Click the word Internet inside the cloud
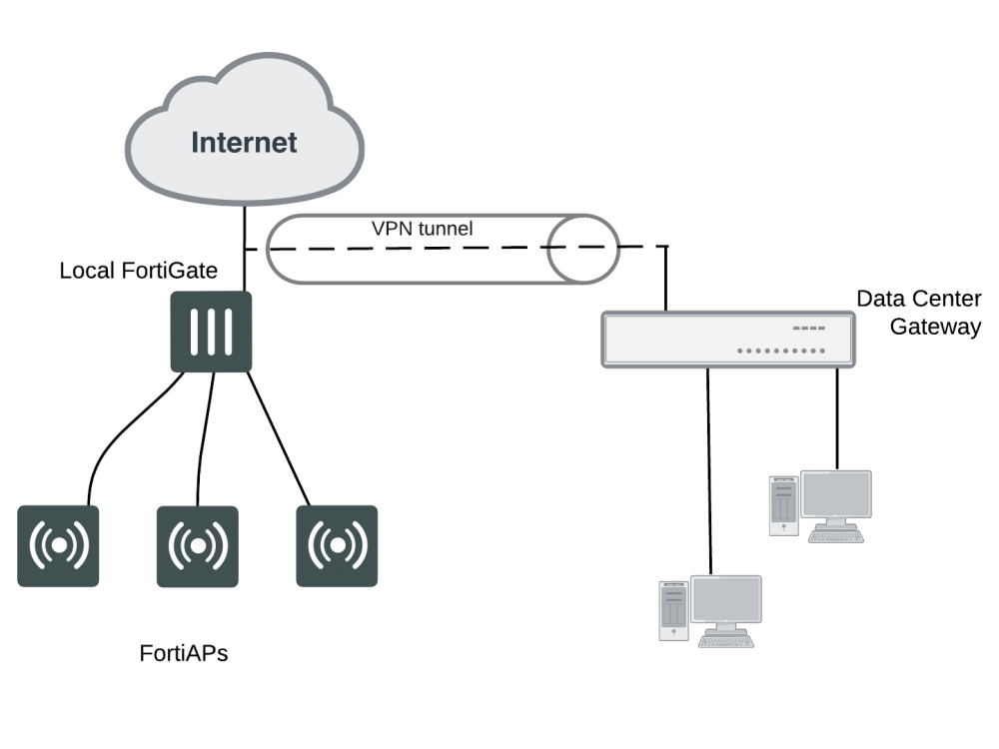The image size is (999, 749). (244, 142)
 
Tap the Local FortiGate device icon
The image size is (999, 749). (210, 332)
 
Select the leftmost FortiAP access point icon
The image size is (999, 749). (59, 545)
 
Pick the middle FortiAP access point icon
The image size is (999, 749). (198, 545)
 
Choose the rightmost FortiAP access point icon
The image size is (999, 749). (337, 545)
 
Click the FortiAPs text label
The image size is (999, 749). (183, 655)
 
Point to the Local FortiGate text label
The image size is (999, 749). (139, 271)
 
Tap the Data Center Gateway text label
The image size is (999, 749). (918, 313)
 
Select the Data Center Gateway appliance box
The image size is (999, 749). (728, 340)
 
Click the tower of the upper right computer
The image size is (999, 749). (784, 505)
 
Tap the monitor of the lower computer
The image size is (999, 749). (726, 600)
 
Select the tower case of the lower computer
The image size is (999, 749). (673, 610)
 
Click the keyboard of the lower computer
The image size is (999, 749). (725, 641)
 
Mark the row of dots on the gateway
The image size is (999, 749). (781, 352)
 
